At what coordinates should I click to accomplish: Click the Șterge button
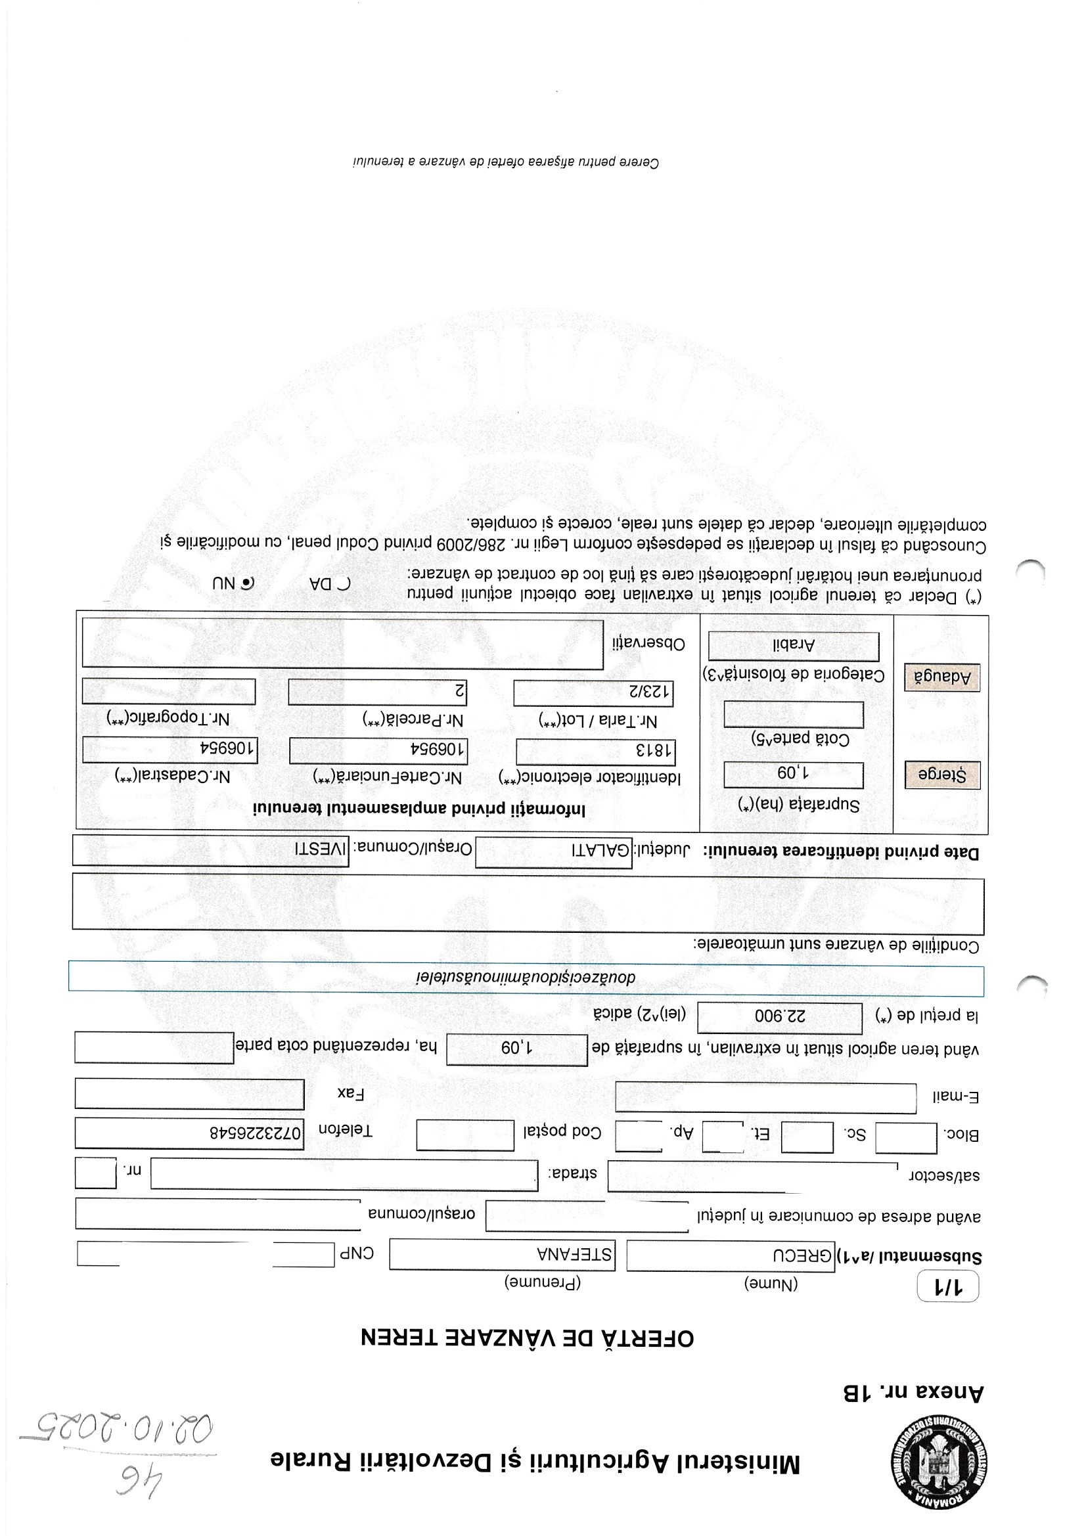coord(941,775)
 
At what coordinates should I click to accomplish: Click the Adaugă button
coord(941,677)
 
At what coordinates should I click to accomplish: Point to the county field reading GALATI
coord(553,851)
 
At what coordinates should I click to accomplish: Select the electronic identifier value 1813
coord(595,752)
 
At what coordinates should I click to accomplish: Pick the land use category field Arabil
coord(794,646)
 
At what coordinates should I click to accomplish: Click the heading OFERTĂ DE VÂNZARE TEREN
coord(528,1338)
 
